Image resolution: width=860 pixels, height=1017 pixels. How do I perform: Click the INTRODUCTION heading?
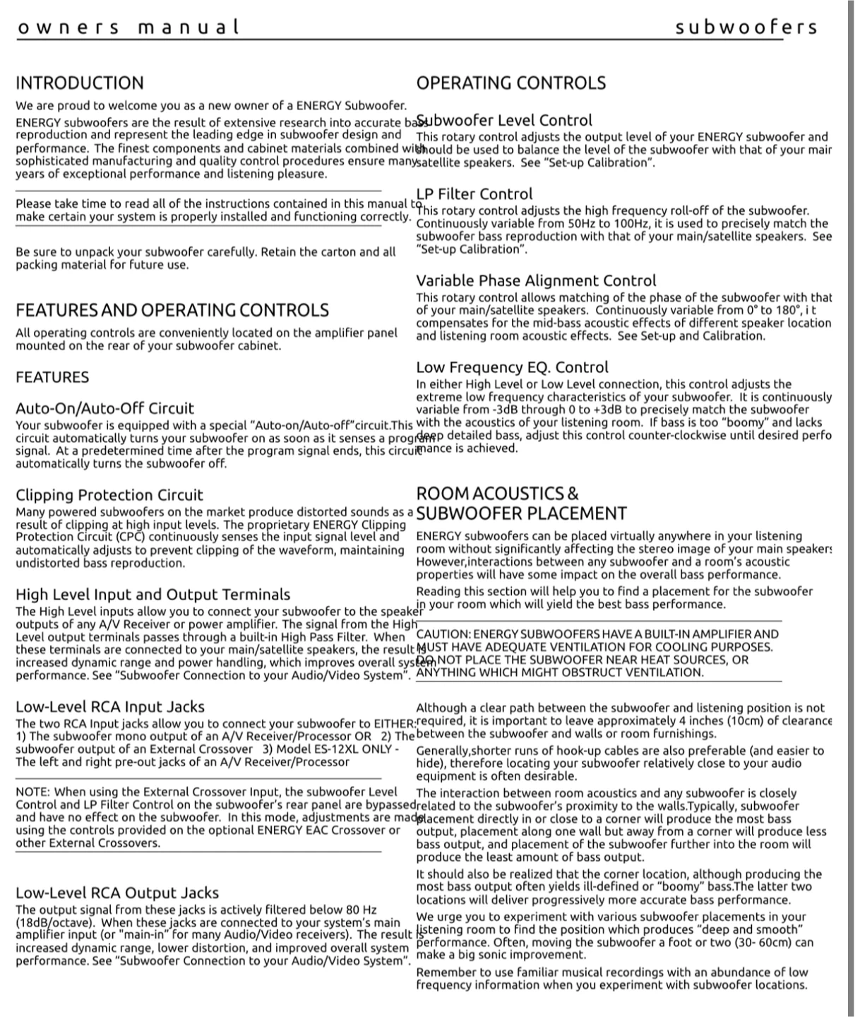79,83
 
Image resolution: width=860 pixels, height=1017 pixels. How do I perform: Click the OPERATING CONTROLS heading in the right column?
510,83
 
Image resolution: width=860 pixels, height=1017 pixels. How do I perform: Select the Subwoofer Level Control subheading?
504,120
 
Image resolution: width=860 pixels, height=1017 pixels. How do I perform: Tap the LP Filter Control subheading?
474,194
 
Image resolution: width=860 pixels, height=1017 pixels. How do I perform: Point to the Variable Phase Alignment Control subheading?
536,280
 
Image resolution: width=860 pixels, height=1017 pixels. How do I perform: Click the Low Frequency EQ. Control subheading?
512,367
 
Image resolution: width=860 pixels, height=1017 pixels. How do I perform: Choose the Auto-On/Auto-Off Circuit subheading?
104,408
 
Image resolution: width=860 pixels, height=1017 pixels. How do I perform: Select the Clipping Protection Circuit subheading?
109,495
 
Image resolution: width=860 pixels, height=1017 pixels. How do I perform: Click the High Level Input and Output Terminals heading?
153,595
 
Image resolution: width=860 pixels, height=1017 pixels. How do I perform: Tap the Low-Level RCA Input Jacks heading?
110,706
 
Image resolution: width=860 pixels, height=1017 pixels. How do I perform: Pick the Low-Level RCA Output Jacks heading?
117,893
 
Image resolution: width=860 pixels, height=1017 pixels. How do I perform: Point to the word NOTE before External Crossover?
32,792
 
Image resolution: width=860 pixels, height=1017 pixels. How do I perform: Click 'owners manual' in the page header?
128,28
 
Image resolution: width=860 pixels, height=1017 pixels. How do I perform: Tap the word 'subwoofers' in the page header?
746,28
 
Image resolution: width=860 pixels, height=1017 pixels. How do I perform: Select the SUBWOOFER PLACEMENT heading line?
521,513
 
